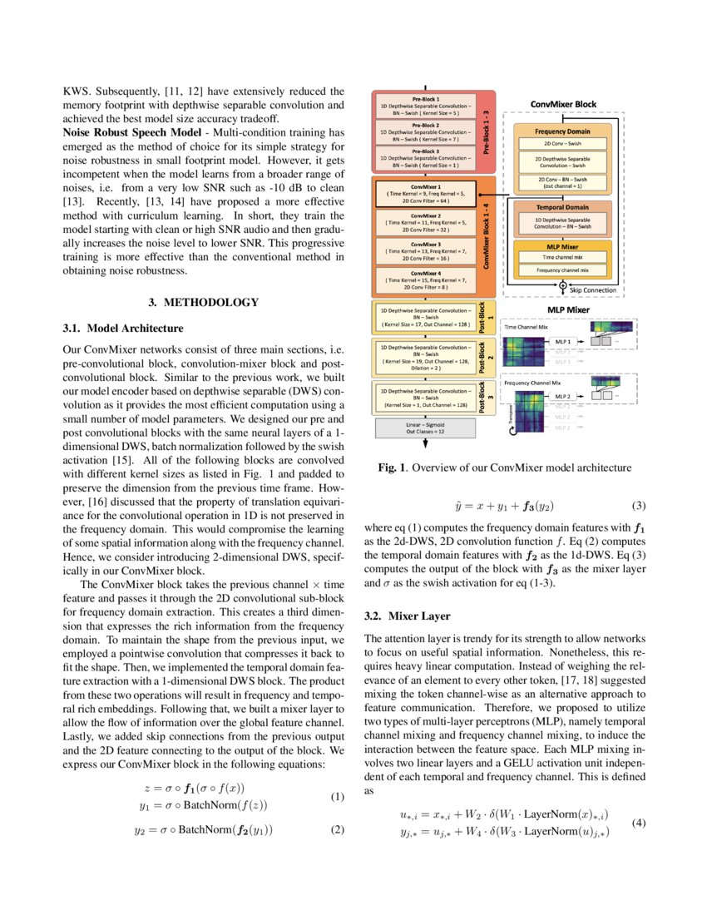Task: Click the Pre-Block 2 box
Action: [425, 131]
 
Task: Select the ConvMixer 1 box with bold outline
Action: [425, 193]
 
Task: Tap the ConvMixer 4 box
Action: [425, 280]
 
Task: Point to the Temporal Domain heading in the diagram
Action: [562, 206]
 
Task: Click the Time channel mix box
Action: [562, 259]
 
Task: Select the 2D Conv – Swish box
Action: [562, 143]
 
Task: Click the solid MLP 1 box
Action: [564, 342]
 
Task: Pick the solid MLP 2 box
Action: [564, 396]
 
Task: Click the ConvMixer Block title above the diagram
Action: [563, 104]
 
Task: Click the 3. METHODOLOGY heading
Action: [203, 301]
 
